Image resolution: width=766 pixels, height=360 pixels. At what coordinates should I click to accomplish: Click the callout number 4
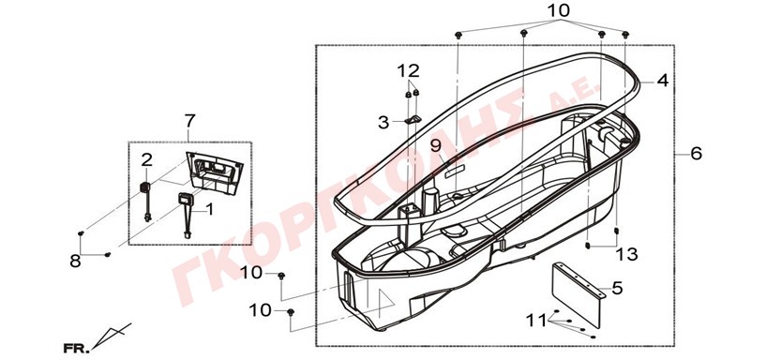[x=662, y=80]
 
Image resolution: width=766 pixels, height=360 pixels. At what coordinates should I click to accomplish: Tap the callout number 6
[x=696, y=154]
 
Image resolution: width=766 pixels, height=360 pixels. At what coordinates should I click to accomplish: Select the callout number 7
[x=190, y=120]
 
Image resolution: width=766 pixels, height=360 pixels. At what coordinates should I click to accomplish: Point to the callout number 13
[x=626, y=254]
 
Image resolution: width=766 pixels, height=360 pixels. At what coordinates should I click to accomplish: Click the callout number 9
[x=436, y=145]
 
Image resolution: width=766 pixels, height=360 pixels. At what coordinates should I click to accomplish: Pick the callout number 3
[x=383, y=123]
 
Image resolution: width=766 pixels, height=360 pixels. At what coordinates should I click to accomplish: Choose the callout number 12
[x=408, y=71]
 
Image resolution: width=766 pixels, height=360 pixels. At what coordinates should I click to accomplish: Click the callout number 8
[x=75, y=262]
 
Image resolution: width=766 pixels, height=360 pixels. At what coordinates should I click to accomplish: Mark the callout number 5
[x=617, y=288]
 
